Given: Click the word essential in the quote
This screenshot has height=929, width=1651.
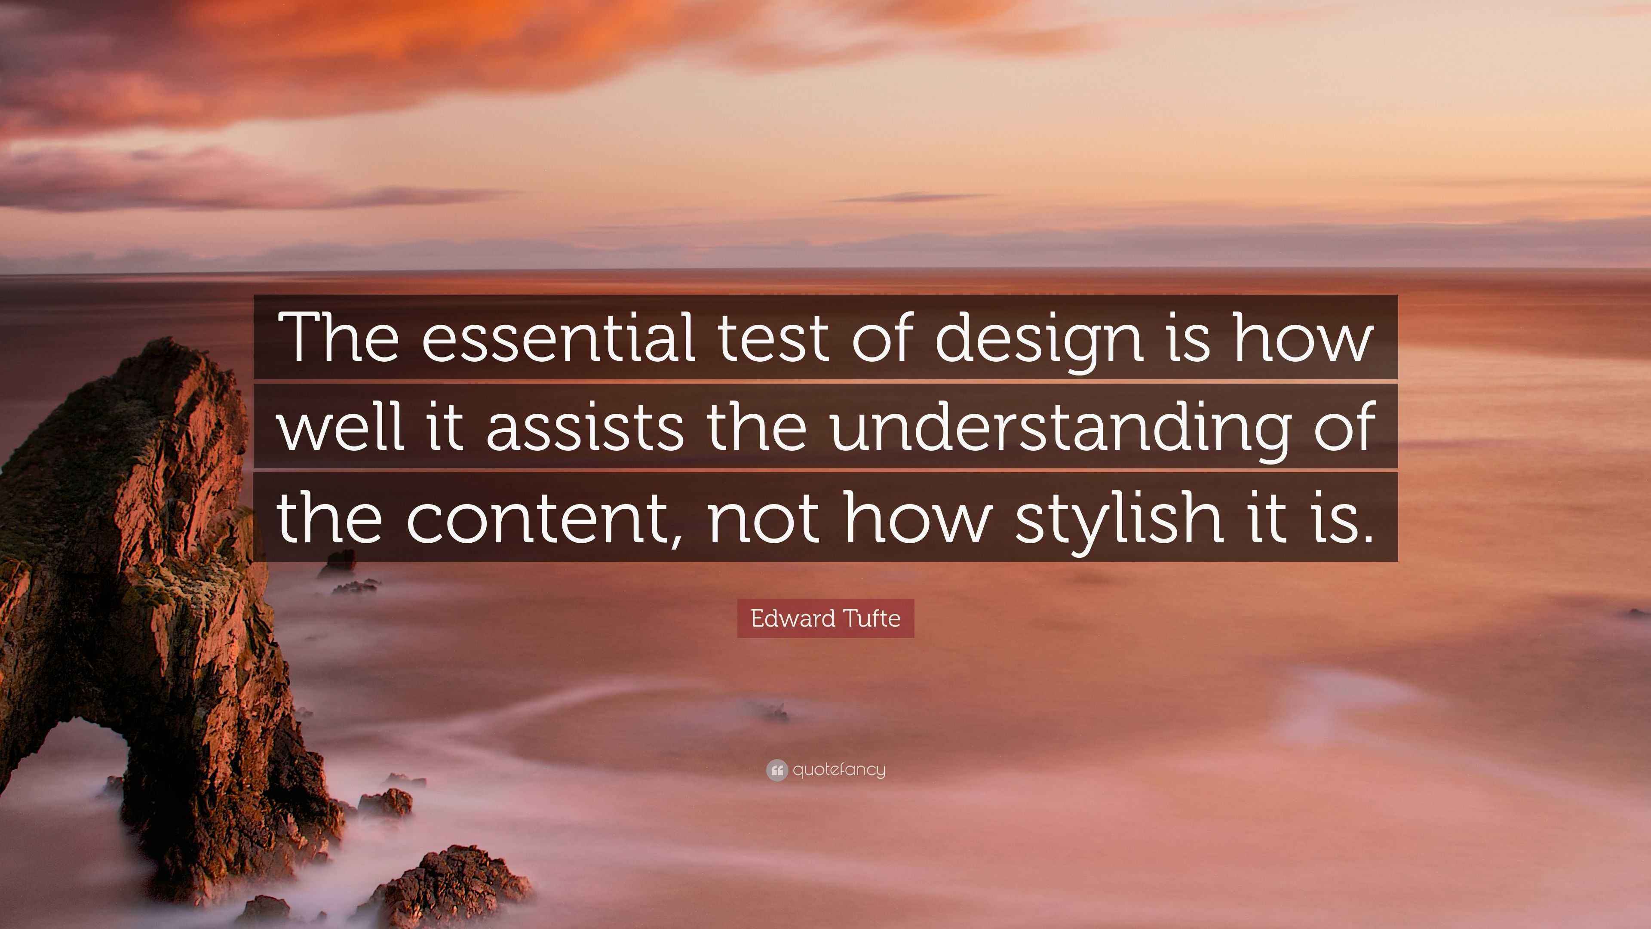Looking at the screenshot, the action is [x=558, y=337].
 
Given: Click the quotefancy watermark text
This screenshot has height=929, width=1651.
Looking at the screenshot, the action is [x=839, y=769].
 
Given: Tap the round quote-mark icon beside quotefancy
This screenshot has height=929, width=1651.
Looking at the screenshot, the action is [x=777, y=770].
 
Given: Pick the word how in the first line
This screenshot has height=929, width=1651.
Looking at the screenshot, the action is [x=1304, y=337].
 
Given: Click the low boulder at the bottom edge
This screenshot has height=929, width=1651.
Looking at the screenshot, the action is [x=452, y=888].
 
